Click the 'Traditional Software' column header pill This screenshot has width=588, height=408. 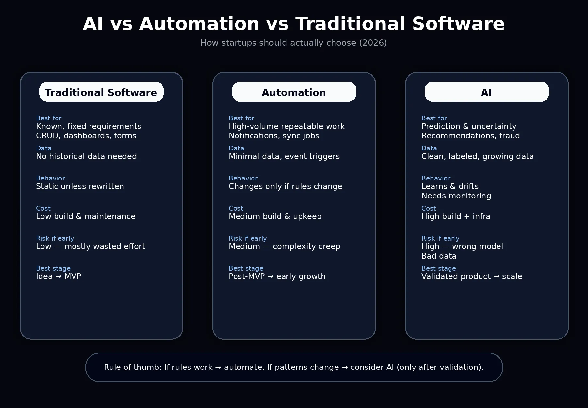click(101, 92)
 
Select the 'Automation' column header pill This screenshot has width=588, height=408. click(294, 92)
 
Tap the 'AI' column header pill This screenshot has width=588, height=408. click(487, 92)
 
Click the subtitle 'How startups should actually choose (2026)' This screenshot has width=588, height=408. click(293, 43)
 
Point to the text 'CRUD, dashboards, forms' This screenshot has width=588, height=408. click(86, 136)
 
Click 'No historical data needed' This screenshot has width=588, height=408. click(86, 156)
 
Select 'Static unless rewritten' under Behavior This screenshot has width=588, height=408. click(80, 186)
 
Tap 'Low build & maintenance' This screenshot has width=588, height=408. click(86, 216)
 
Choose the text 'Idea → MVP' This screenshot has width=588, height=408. click(58, 276)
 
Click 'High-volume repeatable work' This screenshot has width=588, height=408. click(286, 126)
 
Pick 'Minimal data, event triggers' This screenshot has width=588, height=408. click(284, 156)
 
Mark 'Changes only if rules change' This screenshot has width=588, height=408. click(285, 186)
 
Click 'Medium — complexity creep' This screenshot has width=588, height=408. click(284, 246)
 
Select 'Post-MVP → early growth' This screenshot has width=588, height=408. click(277, 276)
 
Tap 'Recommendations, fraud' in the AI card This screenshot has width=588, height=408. click(470, 136)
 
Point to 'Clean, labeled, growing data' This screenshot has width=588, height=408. click(477, 156)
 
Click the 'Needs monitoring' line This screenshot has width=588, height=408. click(456, 196)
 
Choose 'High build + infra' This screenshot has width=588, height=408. click(456, 216)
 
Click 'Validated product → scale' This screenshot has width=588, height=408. click(471, 276)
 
